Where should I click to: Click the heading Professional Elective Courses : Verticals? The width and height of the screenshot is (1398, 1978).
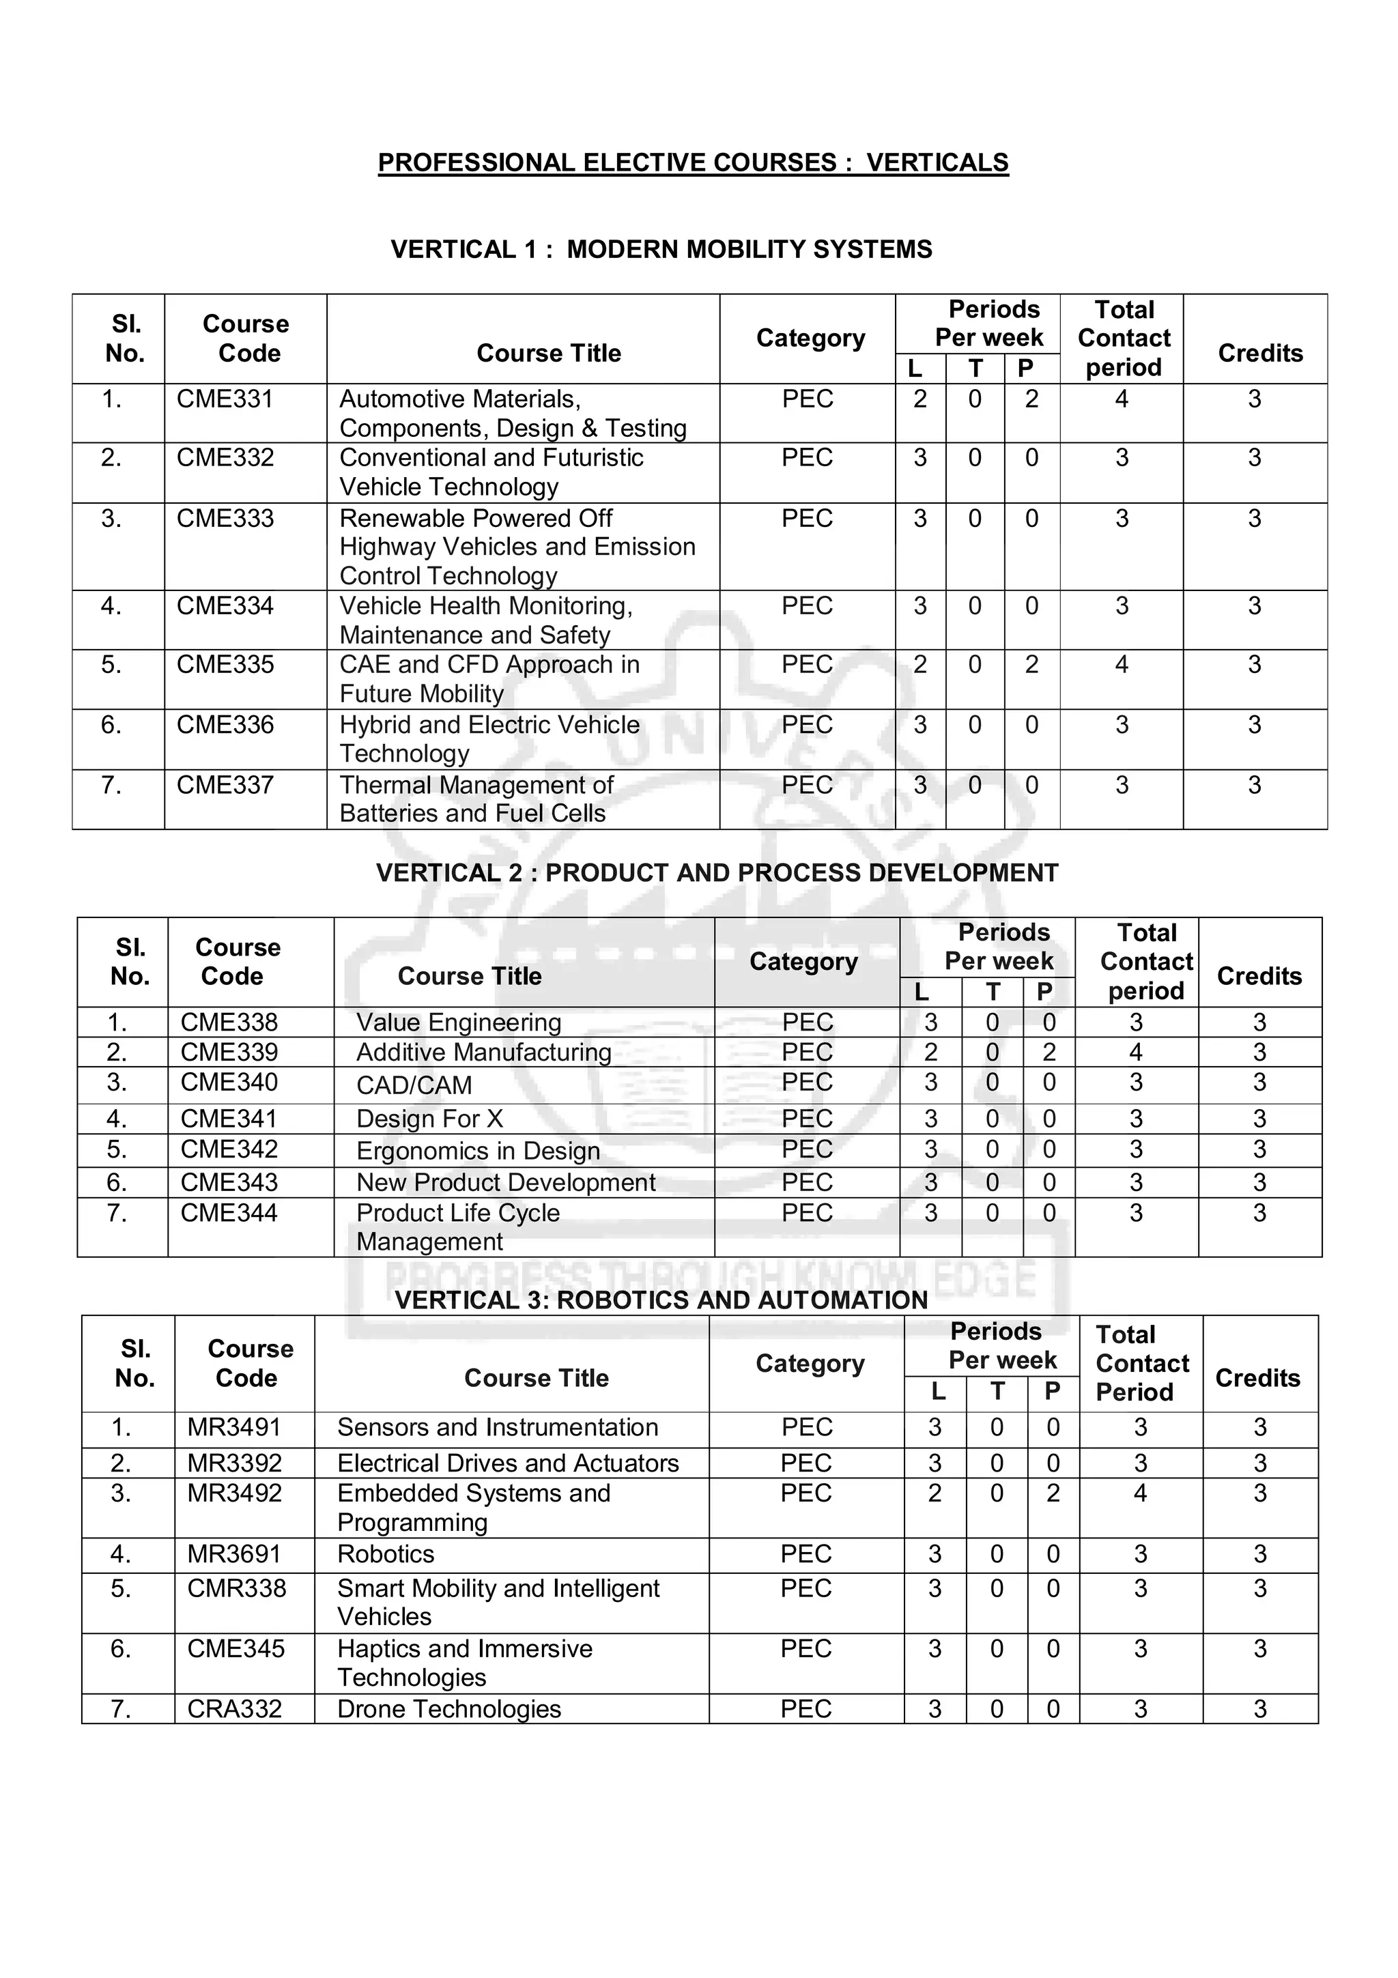tap(693, 163)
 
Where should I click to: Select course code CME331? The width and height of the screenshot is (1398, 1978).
tap(224, 399)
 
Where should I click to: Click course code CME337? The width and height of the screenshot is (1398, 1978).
tap(224, 785)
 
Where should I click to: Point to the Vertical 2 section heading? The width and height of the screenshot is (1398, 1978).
tap(717, 873)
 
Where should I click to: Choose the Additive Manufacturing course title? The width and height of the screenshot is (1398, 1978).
tap(483, 1052)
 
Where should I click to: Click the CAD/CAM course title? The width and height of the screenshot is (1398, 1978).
tap(414, 1085)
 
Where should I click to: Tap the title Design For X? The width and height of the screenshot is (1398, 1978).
tap(429, 1118)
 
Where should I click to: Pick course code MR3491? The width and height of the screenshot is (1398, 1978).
tap(233, 1427)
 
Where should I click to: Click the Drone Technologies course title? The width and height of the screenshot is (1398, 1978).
tap(448, 1709)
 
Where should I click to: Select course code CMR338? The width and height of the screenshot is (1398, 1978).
tap(236, 1588)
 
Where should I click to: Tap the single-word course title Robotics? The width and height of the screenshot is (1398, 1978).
tap(385, 1554)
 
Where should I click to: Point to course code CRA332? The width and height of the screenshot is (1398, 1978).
tap(234, 1709)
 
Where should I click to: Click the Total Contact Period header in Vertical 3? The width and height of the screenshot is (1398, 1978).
tap(1141, 1363)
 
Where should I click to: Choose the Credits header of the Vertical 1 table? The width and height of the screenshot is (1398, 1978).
tap(1259, 354)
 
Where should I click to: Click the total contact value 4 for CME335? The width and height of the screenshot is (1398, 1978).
tap(1121, 664)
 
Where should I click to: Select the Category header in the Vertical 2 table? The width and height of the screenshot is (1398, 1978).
tap(803, 962)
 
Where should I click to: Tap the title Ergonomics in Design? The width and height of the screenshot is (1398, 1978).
tap(477, 1151)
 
